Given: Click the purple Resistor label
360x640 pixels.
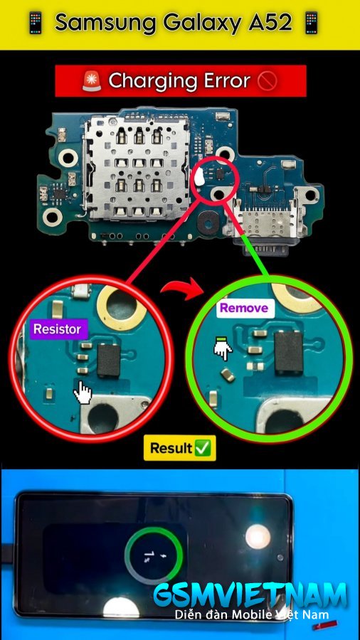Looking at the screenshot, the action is pos(59,329).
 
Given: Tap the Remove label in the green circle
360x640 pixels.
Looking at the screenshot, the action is pos(244,308).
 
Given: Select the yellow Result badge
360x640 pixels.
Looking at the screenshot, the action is pos(179,448).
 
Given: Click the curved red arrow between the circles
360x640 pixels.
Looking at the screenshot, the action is pos(182,289).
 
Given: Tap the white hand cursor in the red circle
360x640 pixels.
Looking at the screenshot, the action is pos(83,393).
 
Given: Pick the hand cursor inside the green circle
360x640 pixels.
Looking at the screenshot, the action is pos(223,349).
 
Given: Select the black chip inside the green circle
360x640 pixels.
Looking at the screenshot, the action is pos(289,352).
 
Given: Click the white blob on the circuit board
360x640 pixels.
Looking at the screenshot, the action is pos(200,177).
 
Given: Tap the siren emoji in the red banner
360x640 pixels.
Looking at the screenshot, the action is pos(92,81).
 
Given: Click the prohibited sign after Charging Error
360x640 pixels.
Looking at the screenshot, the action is pos(268,81).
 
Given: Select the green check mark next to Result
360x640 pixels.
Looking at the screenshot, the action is pos(203,448).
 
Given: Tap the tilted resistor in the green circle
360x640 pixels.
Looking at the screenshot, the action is pos(228,375).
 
